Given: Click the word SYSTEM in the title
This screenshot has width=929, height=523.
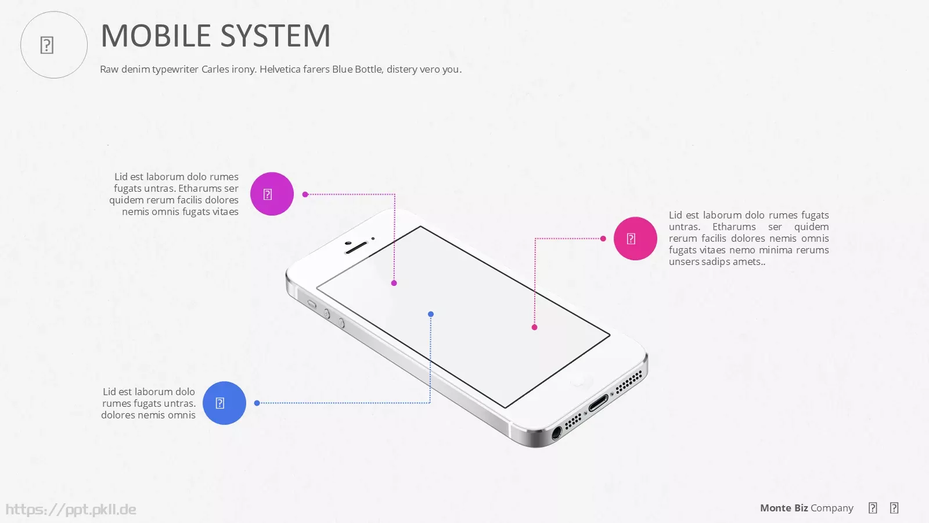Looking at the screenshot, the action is [275, 35].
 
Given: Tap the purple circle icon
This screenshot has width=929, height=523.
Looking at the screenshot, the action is [272, 194].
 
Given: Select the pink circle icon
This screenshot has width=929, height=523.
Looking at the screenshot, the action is [635, 239].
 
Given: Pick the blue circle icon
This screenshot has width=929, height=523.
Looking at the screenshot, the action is [224, 403].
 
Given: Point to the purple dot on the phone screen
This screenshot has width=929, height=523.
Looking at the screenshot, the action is [394, 283].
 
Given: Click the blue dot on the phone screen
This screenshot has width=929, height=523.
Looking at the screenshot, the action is [431, 314].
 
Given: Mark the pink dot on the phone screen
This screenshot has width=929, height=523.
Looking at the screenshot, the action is [535, 328].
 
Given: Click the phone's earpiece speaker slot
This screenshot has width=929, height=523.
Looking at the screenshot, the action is [357, 248].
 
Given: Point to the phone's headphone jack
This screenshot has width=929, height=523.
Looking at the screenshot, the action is [557, 433].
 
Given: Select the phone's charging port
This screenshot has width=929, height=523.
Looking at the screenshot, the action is [599, 403].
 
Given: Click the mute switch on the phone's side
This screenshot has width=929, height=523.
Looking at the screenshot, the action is [312, 305].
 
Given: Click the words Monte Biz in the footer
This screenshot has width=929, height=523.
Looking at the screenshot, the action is [784, 508].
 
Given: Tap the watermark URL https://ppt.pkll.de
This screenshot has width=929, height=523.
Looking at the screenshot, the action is [71, 509].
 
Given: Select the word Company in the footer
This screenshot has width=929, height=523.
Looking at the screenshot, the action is [832, 508].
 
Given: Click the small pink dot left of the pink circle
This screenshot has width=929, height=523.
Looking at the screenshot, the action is [603, 239].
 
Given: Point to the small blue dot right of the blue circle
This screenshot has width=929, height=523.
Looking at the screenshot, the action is [257, 403].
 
